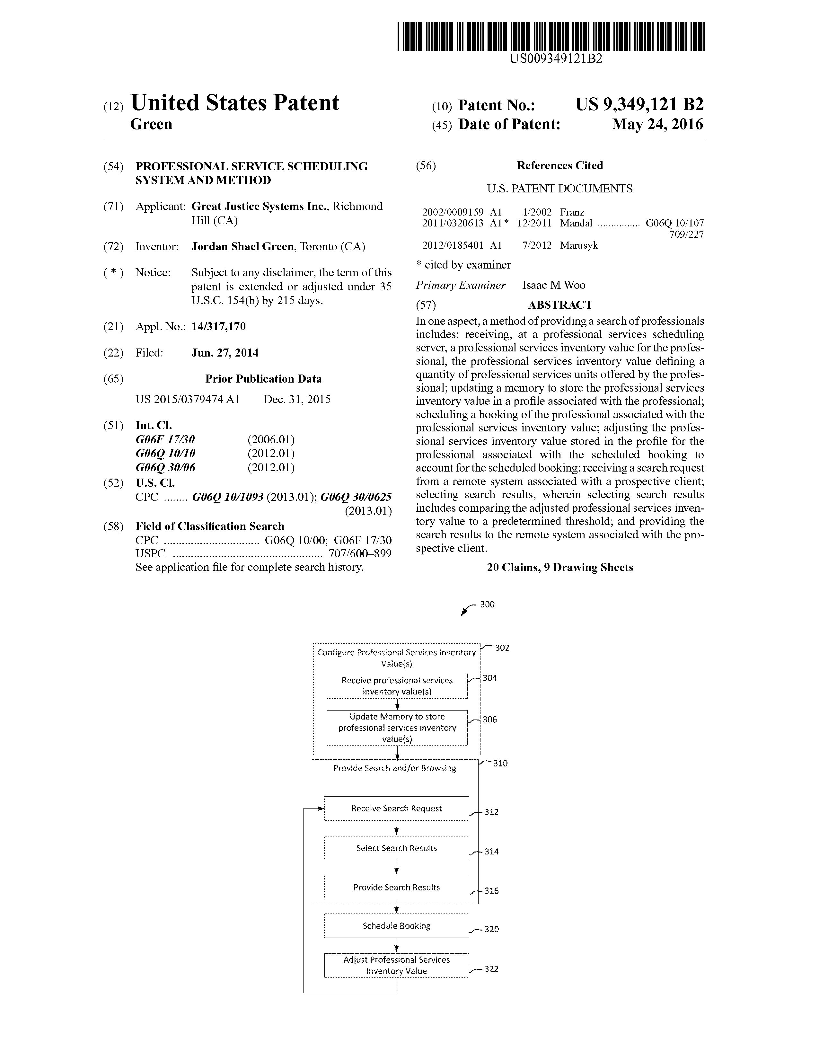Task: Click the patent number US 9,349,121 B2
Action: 639,105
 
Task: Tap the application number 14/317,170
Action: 218,327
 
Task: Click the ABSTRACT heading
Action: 559,305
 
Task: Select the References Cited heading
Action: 559,165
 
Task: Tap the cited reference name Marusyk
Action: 579,245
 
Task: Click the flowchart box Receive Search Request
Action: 396,808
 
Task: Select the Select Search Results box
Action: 396,848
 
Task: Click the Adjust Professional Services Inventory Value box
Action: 396,965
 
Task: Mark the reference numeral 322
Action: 491,969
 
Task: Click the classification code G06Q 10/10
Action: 165,453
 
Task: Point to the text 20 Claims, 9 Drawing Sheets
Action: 560,567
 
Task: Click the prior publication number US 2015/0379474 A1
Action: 187,400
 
